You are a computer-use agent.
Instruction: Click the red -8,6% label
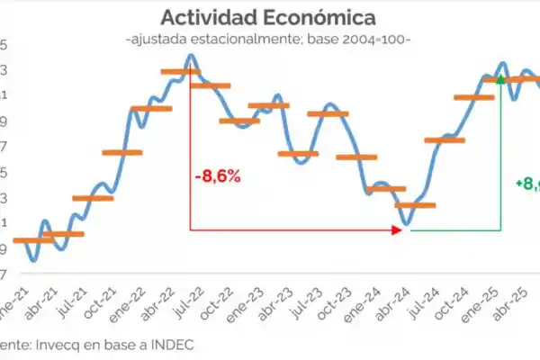point(217,175)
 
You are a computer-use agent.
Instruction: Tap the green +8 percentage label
point(526,183)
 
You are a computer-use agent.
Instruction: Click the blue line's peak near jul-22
point(191,56)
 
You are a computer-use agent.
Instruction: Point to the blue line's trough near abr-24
point(407,224)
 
